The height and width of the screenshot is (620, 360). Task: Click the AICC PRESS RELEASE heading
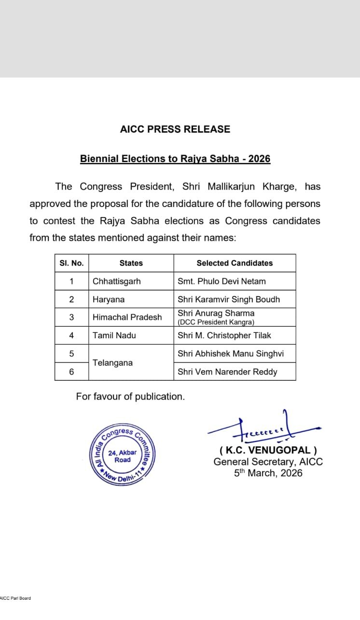[175, 129]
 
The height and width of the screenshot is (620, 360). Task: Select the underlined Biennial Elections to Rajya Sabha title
[175, 159]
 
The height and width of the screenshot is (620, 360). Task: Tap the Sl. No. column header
[71, 263]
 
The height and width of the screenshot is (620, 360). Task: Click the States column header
[131, 263]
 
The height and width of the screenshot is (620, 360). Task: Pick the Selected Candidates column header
[235, 263]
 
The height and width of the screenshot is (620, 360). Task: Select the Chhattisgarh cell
[117, 281]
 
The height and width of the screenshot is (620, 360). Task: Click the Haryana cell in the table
[109, 299]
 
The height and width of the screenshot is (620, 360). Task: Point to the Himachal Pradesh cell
[127, 317]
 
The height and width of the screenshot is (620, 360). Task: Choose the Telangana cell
[112, 362]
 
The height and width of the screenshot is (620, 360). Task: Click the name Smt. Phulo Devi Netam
[222, 281]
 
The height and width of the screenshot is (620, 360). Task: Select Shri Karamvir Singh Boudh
[229, 299]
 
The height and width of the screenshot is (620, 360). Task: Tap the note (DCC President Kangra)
[216, 322]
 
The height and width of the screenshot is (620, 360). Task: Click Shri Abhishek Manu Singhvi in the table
[231, 354]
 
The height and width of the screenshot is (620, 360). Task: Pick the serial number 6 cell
[71, 372]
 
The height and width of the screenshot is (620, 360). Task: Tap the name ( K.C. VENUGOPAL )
[268, 451]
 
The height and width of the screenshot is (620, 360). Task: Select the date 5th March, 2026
[268, 473]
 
